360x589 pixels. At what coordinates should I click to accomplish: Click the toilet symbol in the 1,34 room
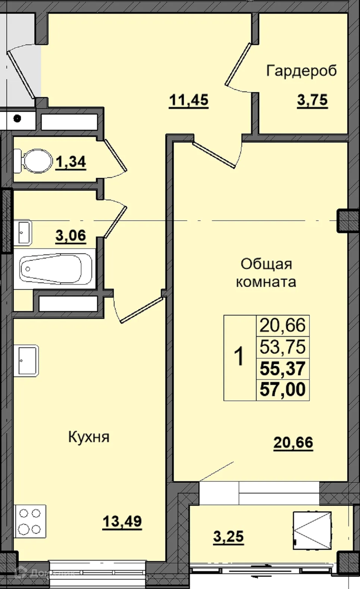pos(34,161)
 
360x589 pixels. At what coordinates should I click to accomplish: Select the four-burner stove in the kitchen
pos(30,521)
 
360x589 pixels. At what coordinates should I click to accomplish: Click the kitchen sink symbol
pos(26,360)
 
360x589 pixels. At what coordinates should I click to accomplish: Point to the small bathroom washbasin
pos(23,233)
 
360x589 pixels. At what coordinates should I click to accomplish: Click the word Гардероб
pos(301,71)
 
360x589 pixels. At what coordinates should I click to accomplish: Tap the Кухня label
pos(89,437)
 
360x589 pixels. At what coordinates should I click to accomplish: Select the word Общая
pos(266,264)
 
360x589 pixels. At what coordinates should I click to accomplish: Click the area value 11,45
pos(189,100)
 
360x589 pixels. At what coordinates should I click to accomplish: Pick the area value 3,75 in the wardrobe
pos(312,100)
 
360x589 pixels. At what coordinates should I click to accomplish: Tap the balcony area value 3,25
pos(228,537)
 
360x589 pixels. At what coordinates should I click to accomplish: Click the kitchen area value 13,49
pos(122,521)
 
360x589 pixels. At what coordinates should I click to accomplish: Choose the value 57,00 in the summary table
pos(282,390)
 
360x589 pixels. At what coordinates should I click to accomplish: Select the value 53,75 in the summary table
pos(282,347)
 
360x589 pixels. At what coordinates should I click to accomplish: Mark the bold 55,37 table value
pos(282,369)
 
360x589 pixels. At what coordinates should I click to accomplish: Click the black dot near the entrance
pos(17,119)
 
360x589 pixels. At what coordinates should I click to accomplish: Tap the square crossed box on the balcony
pos(312,530)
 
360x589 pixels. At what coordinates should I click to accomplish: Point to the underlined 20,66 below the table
pos(293,442)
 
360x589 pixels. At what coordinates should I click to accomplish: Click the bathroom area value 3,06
pos(71,235)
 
